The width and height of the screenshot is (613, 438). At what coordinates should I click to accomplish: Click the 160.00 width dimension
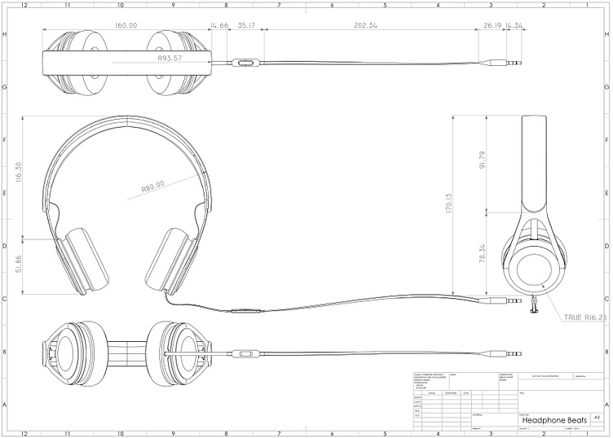[126, 26]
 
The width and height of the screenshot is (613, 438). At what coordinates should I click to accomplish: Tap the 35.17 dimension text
[246, 26]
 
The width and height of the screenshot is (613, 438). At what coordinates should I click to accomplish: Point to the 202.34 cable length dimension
[366, 26]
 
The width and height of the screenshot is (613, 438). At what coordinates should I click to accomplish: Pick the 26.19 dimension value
[492, 26]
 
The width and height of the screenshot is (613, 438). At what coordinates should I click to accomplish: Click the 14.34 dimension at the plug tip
[514, 26]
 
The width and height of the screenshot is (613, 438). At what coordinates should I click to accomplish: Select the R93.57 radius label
[174, 59]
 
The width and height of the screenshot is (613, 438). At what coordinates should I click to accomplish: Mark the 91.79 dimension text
[483, 162]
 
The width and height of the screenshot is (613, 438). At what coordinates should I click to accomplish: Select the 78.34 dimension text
[483, 253]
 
